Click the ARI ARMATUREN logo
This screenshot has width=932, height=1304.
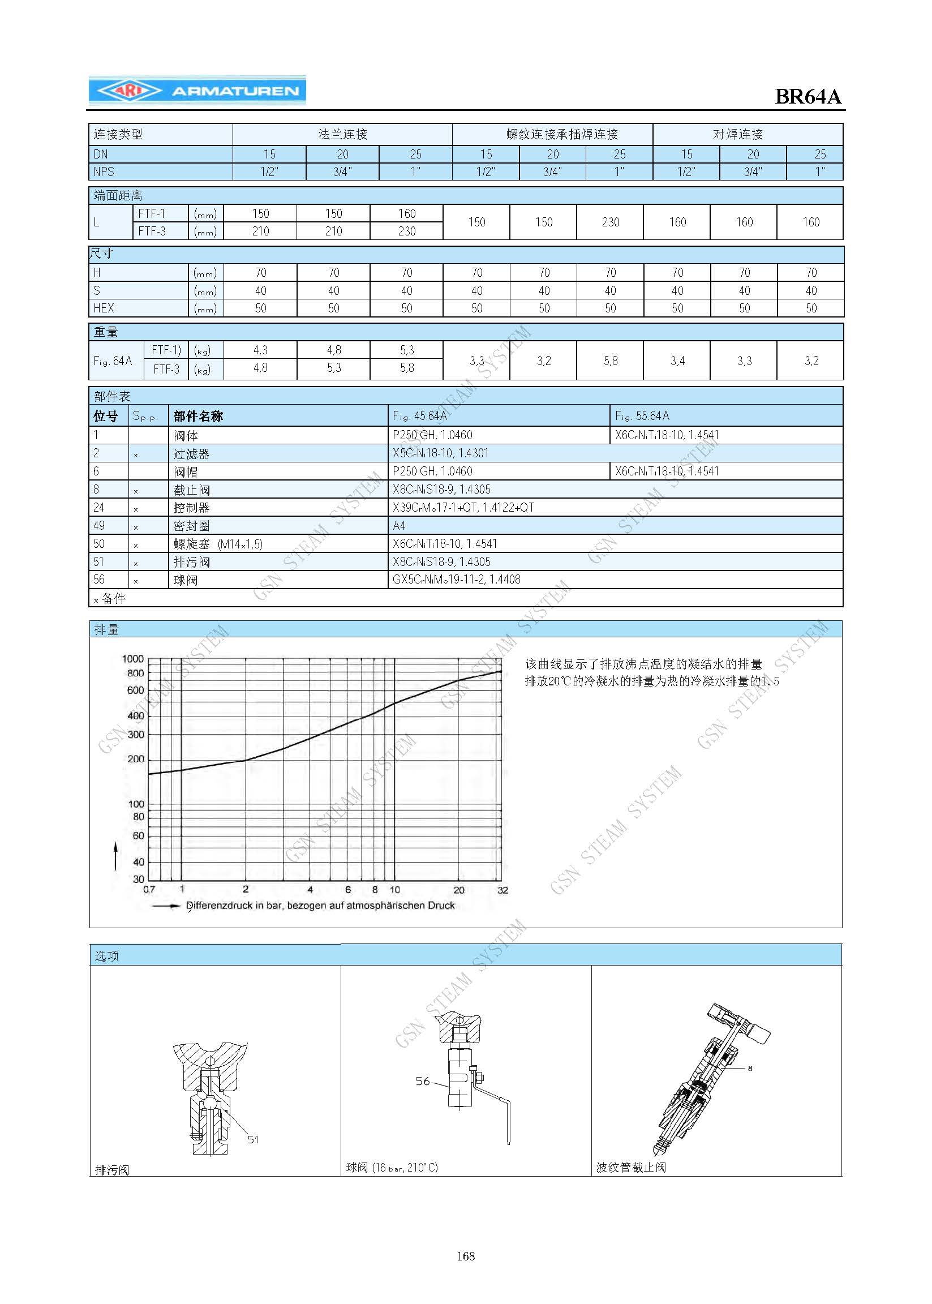coord(197,91)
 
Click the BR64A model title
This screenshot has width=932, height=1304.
coord(808,96)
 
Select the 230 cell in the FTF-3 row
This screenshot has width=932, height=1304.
coord(406,231)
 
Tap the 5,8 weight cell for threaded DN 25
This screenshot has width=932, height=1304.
coord(610,361)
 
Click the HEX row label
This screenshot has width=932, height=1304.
coord(104,308)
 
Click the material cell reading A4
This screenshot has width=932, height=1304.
coord(399,525)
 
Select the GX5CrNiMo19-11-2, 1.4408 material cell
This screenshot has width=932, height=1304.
coord(456,580)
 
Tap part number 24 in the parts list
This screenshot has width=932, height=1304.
coord(98,507)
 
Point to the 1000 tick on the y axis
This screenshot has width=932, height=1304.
coord(132,659)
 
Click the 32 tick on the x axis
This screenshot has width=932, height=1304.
coord(502,890)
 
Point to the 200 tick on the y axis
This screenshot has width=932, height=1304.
coord(135,759)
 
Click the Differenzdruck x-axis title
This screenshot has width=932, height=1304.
coord(320,906)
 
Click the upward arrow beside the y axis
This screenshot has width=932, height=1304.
coord(116,855)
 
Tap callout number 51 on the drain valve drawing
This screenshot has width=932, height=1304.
coord(253,1139)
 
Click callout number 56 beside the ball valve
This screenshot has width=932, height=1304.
coord(422,1082)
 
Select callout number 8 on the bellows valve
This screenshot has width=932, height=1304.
coord(750,1068)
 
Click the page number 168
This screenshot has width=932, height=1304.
coord(465,1256)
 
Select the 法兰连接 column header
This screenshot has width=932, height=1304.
coord(342,134)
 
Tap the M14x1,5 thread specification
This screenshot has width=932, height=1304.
coord(240,544)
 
